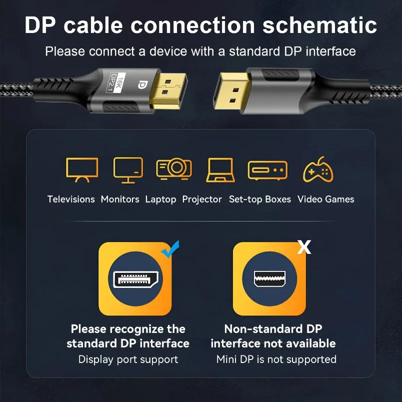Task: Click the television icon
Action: [81, 170]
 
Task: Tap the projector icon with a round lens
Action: [173, 168]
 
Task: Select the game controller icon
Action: [318, 169]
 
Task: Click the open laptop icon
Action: [220, 170]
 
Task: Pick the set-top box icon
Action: [267, 170]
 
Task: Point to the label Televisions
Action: [71, 199]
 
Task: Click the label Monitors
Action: [120, 199]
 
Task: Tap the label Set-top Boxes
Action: [259, 199]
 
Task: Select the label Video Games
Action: [325, 199]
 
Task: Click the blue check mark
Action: [170, 249]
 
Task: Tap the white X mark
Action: [304, 246]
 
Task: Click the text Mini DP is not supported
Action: [276, 359]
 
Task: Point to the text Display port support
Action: [128, 359]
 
